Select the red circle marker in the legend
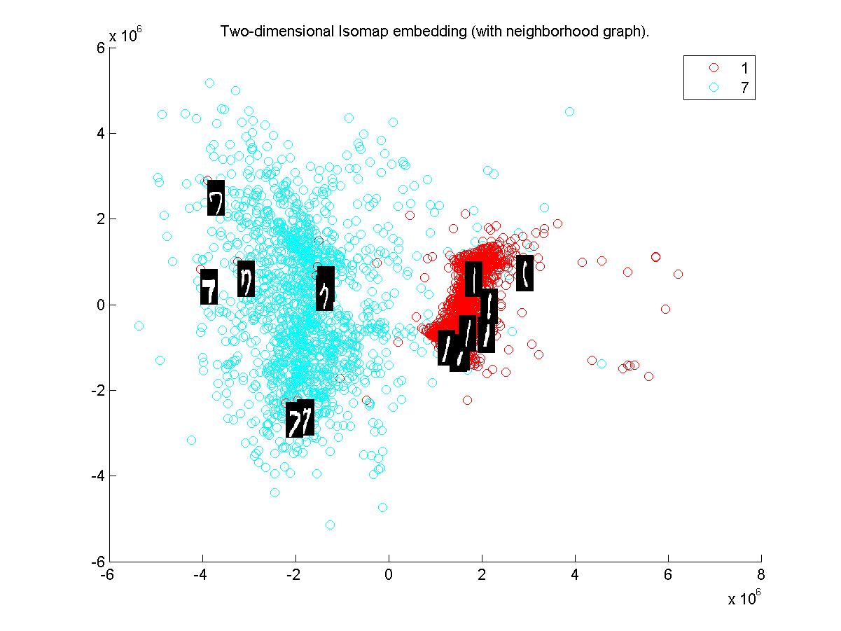click(x=714, y=68)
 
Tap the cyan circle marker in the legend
click(x=714, y=88)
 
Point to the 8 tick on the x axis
click(x=761, y=575)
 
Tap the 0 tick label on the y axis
click(x=101, y=305)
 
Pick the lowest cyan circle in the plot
click(x=330, y=525)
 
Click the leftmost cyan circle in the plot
click(x=139, y=326)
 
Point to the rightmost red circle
click(x=678, y=274)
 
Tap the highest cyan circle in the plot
click(x=209, y=83)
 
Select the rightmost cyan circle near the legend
click(x=569, y=111)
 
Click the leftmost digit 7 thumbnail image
click(x=209, y=287)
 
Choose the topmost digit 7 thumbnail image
click(x=216, y=198)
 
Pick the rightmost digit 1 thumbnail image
click(x=525, y=273)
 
